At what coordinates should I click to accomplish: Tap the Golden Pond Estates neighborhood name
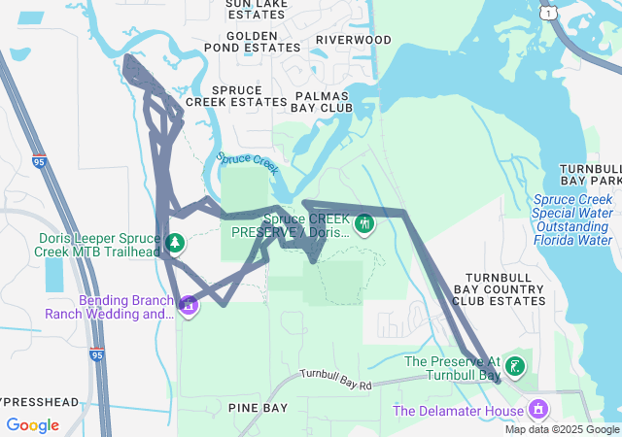point(252,41)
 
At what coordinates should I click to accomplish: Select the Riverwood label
point(354,40)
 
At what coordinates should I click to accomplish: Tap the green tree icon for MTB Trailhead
point(175,243)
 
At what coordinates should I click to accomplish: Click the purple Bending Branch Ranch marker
point(188,306)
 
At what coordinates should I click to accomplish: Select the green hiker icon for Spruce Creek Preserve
point(364,224)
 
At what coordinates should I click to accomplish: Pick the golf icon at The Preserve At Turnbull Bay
point(515,366)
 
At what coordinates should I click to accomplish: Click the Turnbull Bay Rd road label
point(336,380)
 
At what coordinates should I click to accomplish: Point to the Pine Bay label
point(259,408)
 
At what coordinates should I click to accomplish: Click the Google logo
point(32,425)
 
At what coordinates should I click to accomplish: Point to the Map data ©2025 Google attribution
point(562,429)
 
